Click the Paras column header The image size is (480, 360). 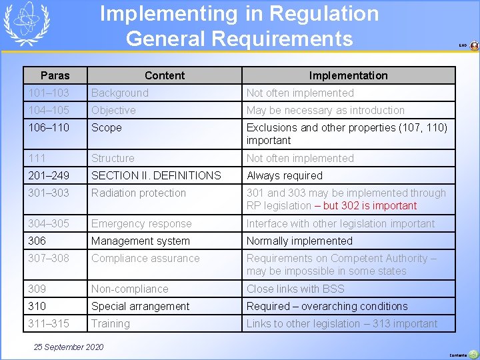(55, 75)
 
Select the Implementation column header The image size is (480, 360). (348, 75)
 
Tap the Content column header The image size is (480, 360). (165, 75)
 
